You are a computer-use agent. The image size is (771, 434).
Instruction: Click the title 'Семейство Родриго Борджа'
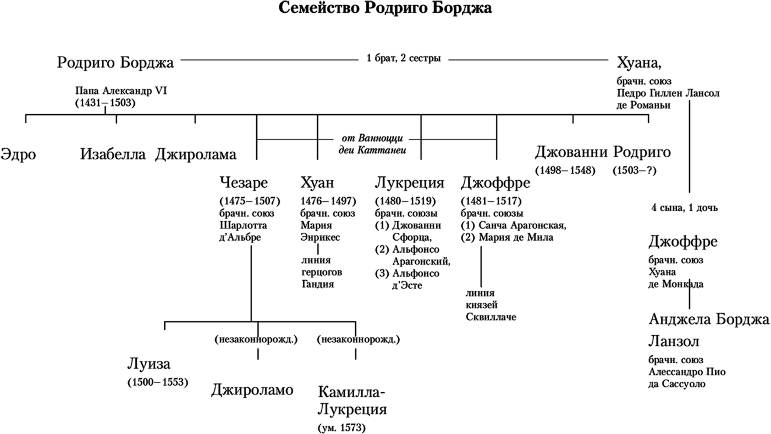pyautogui.click(x=385, y=9)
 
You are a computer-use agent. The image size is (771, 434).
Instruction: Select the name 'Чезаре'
pyautogui.click(x=244, y=182)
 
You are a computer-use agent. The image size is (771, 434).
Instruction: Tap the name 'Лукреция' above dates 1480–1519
pyautogui.click(x=409, y=182)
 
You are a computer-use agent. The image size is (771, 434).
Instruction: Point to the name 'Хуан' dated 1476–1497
pyautogui.click(x=317, y=182)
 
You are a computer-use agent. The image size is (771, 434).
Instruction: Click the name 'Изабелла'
pyautogui.click(x=113, y=154)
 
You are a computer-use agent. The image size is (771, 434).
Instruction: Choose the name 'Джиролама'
pyautogui.click(x=196, y=155)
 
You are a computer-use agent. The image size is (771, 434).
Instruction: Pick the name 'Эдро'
pyautogui.click(x=18, y=154)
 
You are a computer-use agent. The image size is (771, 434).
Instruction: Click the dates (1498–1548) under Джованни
pyautogui.click(x=565, y=171)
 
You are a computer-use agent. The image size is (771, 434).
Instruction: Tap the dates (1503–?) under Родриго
pyautogui.click(x=635, y=171)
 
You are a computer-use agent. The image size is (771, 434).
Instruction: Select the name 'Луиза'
pyautogui.click(x=149, y=364)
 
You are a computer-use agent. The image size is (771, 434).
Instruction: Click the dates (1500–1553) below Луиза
pyautogui.click(x=158, y=382)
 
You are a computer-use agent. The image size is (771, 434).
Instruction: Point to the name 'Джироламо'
pyautogui.click(x=252, y=390)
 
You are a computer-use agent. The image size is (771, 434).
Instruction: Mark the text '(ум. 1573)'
pyautogui.click(x=342, y=427)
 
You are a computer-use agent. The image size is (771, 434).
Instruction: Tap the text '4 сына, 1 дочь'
pyautogui.click(x=685, y=208)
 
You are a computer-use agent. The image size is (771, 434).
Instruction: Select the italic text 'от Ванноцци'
pyautogui.click(x=373, y=138)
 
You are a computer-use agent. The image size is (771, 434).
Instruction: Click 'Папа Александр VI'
pyautogui.click(x=121, y=91)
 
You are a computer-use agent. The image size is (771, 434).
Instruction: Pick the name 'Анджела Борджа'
pyautogui.click(x=709, y=320)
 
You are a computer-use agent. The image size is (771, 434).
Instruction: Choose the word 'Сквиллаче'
pyautogui.click(x=491, y=317)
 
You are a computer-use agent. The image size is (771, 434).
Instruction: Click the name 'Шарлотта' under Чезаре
pyautogui.click(x=243, y=225)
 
